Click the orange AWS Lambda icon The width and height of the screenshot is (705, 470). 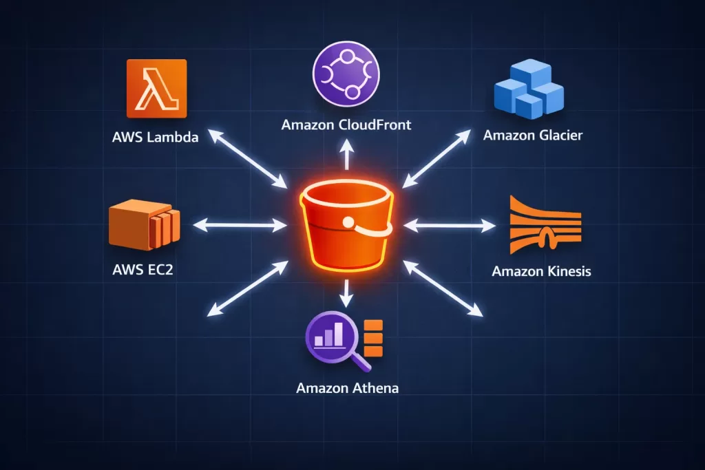click(157, 89)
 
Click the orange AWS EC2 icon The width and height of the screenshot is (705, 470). click(145, 225)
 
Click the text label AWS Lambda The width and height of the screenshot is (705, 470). click(155, 136)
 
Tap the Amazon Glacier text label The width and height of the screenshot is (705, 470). click(533, 135)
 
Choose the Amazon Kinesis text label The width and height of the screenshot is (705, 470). click(541, 271)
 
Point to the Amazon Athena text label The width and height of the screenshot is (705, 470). click(348, 387)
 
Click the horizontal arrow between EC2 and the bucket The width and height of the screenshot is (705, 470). click(240, 224)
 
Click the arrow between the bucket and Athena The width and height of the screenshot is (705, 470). click(346, 292)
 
